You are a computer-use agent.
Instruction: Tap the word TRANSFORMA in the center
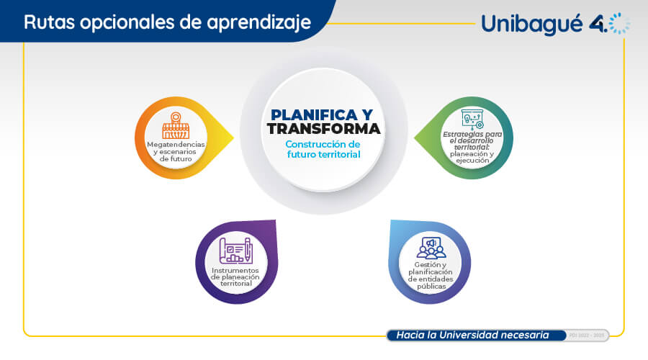[323, 129]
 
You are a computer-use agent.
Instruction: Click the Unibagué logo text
[532, 24]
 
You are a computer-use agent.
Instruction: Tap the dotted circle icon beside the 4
[619, 24]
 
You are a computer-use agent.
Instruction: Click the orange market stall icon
[176, 125]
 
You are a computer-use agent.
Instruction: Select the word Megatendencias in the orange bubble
[176, 144]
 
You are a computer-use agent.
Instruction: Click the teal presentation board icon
[472, 120]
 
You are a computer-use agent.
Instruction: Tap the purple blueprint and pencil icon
[235, 251]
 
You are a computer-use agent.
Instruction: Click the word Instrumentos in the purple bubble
[235, 270]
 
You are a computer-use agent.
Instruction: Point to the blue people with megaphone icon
[431, 248]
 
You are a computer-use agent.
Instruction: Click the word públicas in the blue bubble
[431, 286]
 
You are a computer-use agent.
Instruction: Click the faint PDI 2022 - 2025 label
[586, 336]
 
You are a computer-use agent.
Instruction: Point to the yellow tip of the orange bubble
[233, 138]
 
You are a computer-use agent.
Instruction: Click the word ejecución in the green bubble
[472, 161]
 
